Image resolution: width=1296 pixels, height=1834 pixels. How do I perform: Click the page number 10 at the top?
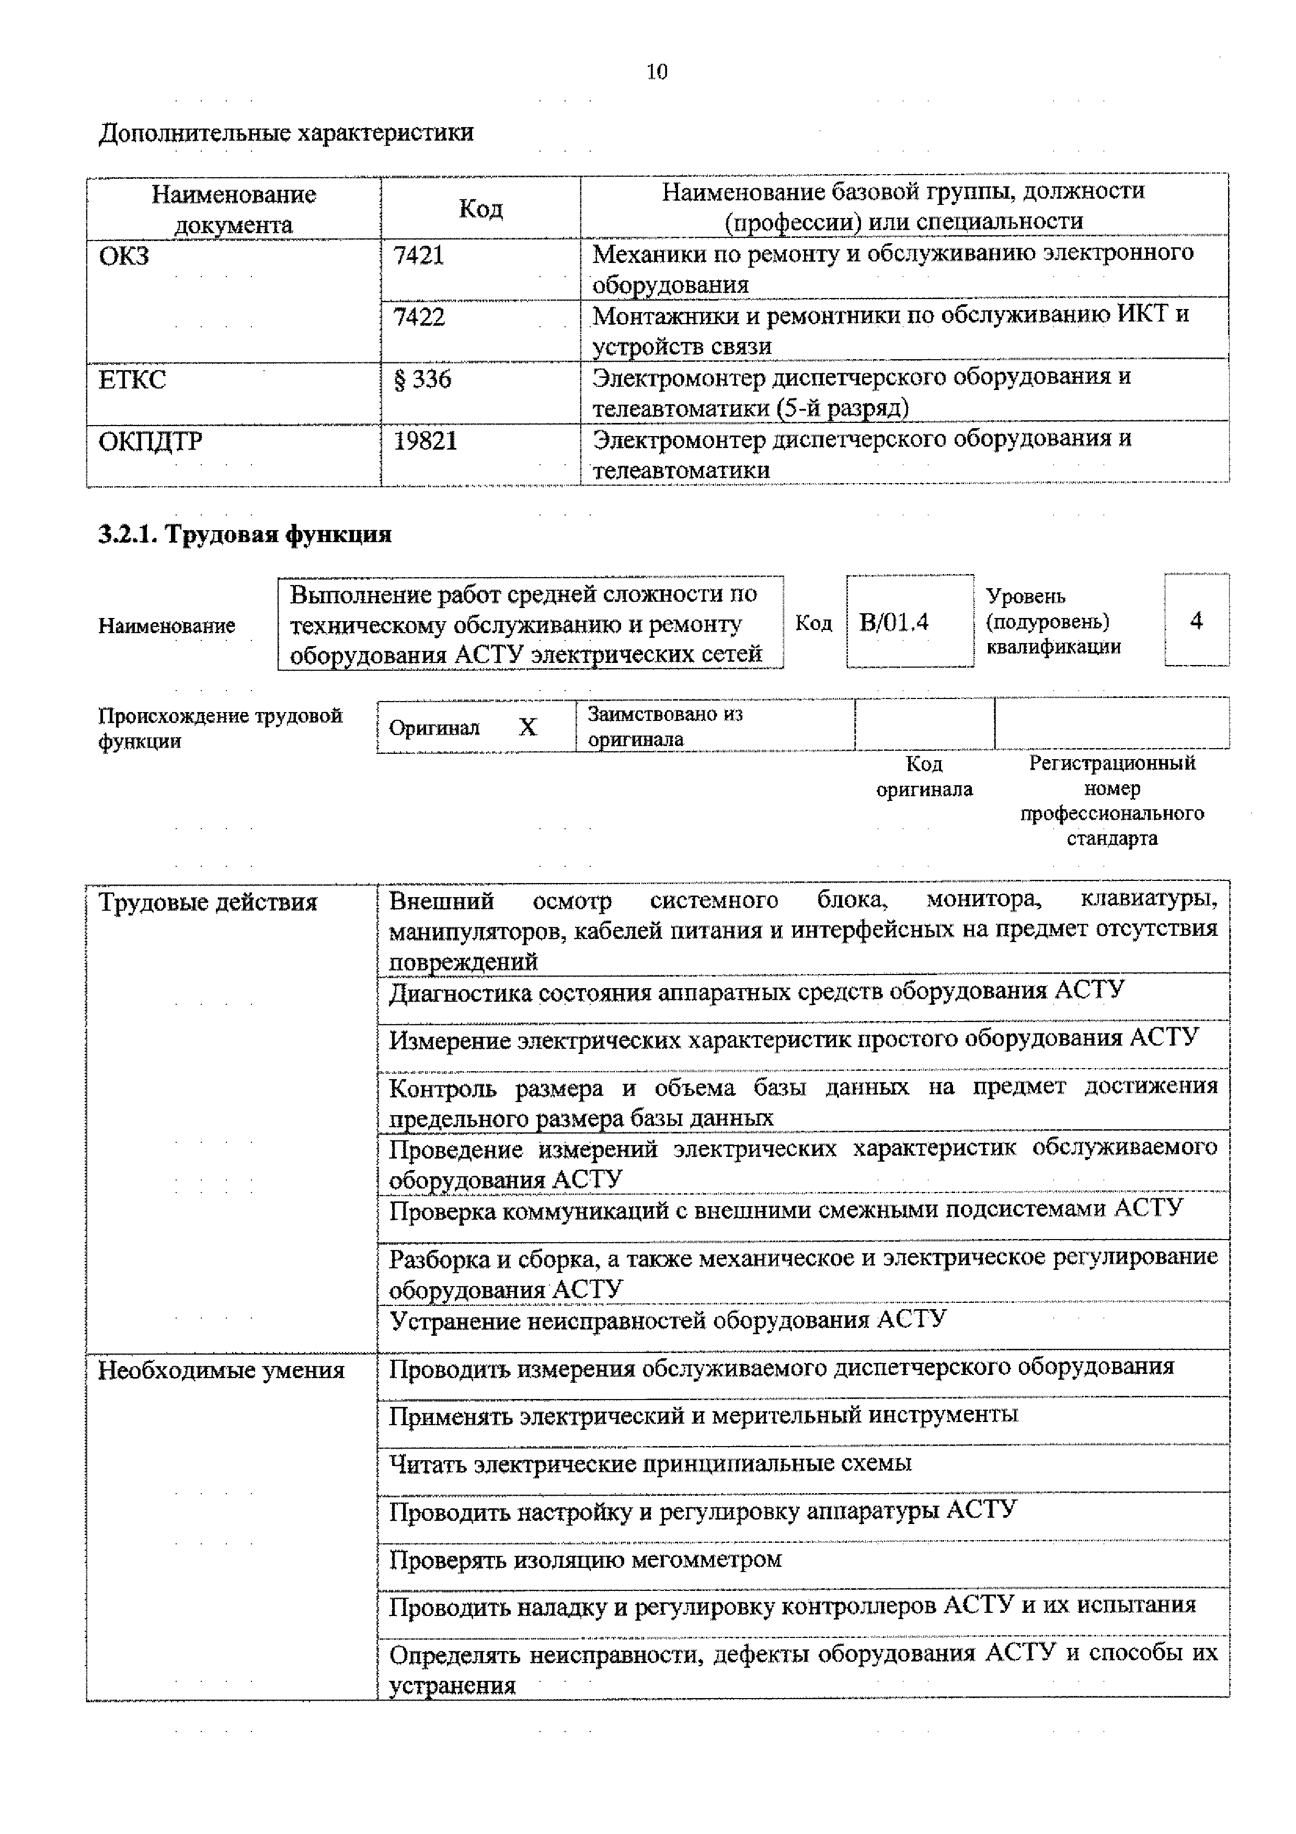coord(657,73)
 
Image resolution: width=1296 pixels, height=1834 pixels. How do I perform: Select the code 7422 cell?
coord(418,318)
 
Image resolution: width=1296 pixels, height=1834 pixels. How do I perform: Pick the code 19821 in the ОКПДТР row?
coord(425,441)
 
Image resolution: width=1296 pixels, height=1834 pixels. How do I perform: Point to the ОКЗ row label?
coord(124,256)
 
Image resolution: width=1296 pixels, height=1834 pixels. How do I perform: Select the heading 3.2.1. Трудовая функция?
coord(244,534)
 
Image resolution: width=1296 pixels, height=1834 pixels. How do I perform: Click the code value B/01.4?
coord(893,622)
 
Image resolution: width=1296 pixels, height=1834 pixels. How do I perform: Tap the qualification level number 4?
coord(1196,621)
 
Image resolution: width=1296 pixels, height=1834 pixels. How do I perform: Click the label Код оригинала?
coord(924,776)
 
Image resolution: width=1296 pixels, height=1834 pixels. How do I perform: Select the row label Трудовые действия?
coord(208,902)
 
